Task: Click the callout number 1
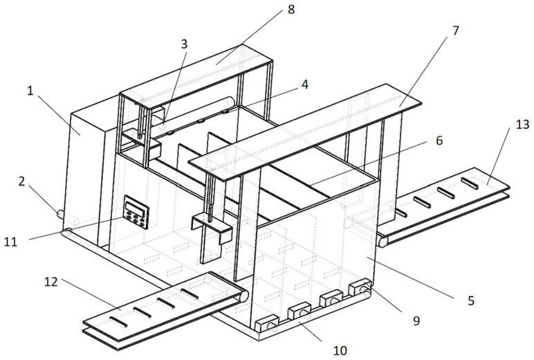click(30, 91)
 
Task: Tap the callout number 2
click(22, 181)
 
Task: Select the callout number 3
click(184, 44)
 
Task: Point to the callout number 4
click(305, 84)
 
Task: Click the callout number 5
click(471, 300)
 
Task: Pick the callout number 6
click(439, 140)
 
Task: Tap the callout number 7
click(456, 30)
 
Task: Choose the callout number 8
click(291, 10)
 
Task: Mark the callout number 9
click(416, 321)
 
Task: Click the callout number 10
click(340, 350)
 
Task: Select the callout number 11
click(10, 242)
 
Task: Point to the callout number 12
click(50, 282)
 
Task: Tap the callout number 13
click(523, 125)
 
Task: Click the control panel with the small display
click(136, 212)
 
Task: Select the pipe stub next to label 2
click(60, 214)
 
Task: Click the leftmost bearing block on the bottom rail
click(267, 324)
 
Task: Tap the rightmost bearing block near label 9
click(360, 287)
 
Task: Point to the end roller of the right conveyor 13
click(383, 242)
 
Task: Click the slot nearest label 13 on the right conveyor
click(470, 183)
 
